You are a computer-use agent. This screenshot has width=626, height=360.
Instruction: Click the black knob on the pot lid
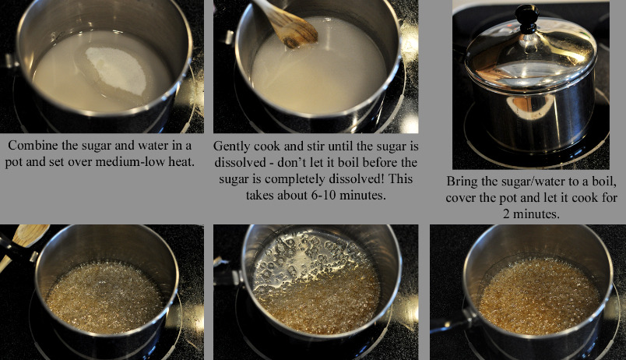point(526,19)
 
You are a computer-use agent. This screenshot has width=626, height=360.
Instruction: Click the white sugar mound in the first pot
point(116,71)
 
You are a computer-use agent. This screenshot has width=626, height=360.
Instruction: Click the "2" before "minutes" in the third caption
point(506,214)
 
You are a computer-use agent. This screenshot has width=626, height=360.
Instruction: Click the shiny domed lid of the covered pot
point(531,56)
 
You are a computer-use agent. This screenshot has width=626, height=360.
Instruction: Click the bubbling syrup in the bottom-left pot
point(104,297)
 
